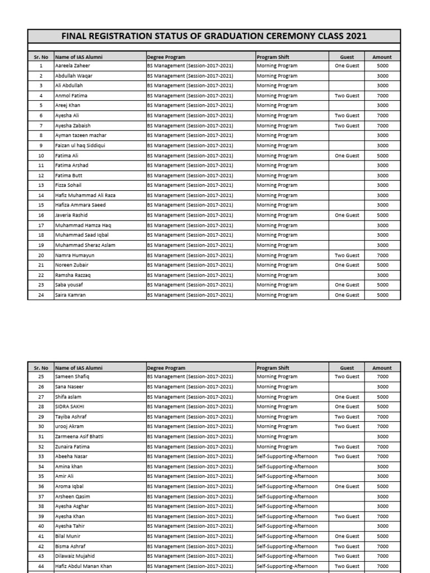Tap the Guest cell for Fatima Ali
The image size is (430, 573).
click(347, 156)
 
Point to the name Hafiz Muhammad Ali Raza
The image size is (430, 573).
click(85, 195)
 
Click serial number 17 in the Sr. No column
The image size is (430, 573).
click(41, 225)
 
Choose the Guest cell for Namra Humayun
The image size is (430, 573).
click(347, 255)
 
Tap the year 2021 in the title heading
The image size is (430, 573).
click(356, 36)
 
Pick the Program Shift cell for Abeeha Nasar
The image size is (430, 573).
click(287, 457)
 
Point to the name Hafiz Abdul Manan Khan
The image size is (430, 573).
click(83, 566)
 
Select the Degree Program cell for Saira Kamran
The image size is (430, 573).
click(190, 295)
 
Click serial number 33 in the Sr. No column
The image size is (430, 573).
click(41, 457)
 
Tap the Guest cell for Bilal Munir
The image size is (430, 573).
click(347, 536)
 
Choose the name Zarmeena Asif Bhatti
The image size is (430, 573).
click(79, 436)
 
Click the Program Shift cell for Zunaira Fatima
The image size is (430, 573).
click(277, 447)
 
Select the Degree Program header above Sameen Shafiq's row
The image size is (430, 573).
click(166, 368)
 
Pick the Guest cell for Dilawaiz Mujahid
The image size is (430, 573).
click(347, 556)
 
